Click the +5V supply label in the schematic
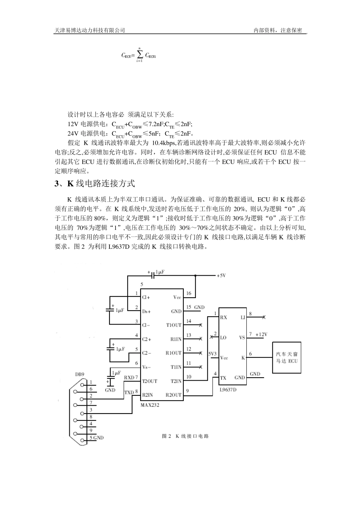pos(222,276)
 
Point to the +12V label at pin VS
pos(261,334)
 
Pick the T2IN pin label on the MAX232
pos(176,381)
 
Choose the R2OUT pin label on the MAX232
pos(174,395)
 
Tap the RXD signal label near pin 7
pos(129,378)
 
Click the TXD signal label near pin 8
pos(129,393)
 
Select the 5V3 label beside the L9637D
pos(213,354)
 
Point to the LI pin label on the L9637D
pos(243,317)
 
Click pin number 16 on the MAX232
pos(189,293)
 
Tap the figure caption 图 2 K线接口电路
pos(185,436)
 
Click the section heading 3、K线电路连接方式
pos(95,184)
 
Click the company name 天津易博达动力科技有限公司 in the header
pos(90,31)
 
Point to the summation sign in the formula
pos(139,55)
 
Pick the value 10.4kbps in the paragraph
pos(163,143)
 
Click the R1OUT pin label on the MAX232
pos(174,353)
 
